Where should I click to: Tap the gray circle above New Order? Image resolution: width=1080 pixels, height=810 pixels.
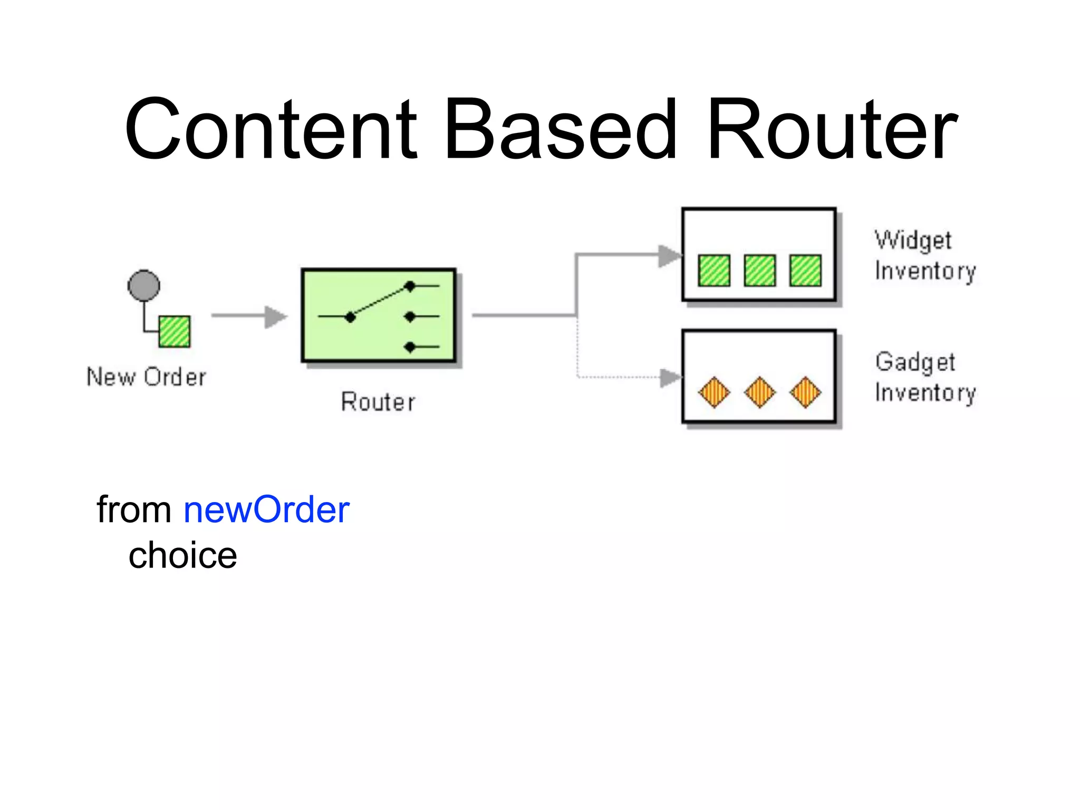click(x=144, y=286)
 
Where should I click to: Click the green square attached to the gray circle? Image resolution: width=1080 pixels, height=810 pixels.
click(x=175, y=331)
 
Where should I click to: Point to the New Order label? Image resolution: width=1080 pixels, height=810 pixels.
click(x=146, y=377)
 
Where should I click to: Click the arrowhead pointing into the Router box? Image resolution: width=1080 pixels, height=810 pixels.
click(x=275, y=316)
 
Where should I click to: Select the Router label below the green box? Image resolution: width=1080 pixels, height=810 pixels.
click(x=378, y=402)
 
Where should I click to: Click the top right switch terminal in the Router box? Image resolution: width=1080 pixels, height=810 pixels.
click(x=410, y=286)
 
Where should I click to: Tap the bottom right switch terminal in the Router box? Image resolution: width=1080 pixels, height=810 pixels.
click(x=410, y=347)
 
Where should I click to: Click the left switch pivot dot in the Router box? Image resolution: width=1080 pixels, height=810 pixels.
click(x=350, y=317)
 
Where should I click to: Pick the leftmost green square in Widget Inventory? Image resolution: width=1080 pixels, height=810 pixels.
click(x=714, y=271)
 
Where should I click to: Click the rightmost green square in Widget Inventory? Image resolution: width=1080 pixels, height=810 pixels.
click(x=805, y=271)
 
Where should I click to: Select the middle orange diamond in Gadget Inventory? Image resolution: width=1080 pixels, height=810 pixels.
click(x=759, y=392)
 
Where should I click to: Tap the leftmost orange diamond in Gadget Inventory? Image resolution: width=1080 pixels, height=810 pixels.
click(x=714, y=392)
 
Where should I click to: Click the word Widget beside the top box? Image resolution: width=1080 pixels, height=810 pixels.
click(x=913, y=240)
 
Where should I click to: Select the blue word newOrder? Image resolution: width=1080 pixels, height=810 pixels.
click(x=266, y=510)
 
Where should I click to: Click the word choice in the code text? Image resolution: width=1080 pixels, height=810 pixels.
click(x=182, y=556)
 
